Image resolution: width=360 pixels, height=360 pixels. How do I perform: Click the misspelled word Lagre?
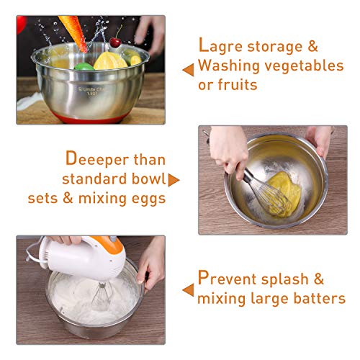220,45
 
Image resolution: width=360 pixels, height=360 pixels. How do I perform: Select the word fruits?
238,84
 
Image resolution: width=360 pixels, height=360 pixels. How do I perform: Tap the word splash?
285,279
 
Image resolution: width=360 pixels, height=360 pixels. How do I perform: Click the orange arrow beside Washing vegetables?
188,70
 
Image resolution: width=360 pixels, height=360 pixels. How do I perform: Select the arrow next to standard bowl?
174,180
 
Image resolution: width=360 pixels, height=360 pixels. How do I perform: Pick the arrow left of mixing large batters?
188,290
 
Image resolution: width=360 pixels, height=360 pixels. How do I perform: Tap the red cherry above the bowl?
115,42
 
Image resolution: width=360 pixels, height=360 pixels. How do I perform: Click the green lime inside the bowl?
84,66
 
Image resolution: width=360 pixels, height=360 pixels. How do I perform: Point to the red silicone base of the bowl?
89,119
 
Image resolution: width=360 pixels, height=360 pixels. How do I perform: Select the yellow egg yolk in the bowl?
285,194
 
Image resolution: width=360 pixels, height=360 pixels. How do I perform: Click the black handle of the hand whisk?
247,175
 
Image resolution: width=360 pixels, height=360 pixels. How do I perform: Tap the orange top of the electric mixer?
109,244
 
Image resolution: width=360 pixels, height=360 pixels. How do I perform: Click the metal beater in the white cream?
102,297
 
